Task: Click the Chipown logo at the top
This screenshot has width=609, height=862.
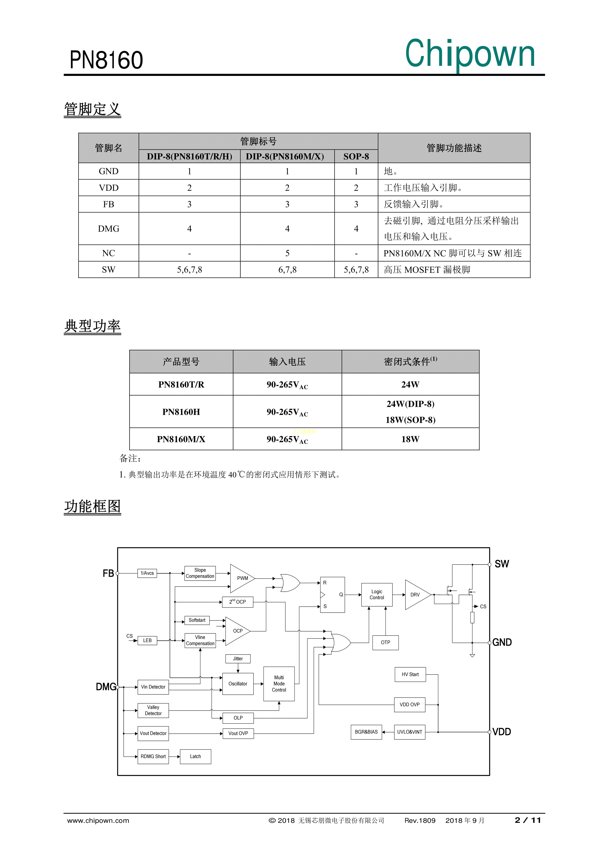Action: pos(470,54)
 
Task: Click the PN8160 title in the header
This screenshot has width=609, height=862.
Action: pos(106,60)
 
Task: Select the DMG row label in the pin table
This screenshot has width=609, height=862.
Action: pos(108,229)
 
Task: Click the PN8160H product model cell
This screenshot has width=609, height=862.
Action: pos(181,412)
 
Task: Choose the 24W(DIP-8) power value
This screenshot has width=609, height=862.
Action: pos(410,404)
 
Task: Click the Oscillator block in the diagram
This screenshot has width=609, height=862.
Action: pos(238,684)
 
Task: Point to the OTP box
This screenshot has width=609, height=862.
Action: pos(385,642)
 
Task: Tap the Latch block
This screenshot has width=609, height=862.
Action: pos(195,757)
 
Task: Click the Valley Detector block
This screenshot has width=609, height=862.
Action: pos(153,710)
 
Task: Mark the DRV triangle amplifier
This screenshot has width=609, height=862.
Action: pos(416,595)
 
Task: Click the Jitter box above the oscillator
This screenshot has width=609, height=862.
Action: pos(238,659)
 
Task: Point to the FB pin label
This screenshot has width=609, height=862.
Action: pos(108,573)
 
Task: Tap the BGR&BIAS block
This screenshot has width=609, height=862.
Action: pos(366,732)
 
